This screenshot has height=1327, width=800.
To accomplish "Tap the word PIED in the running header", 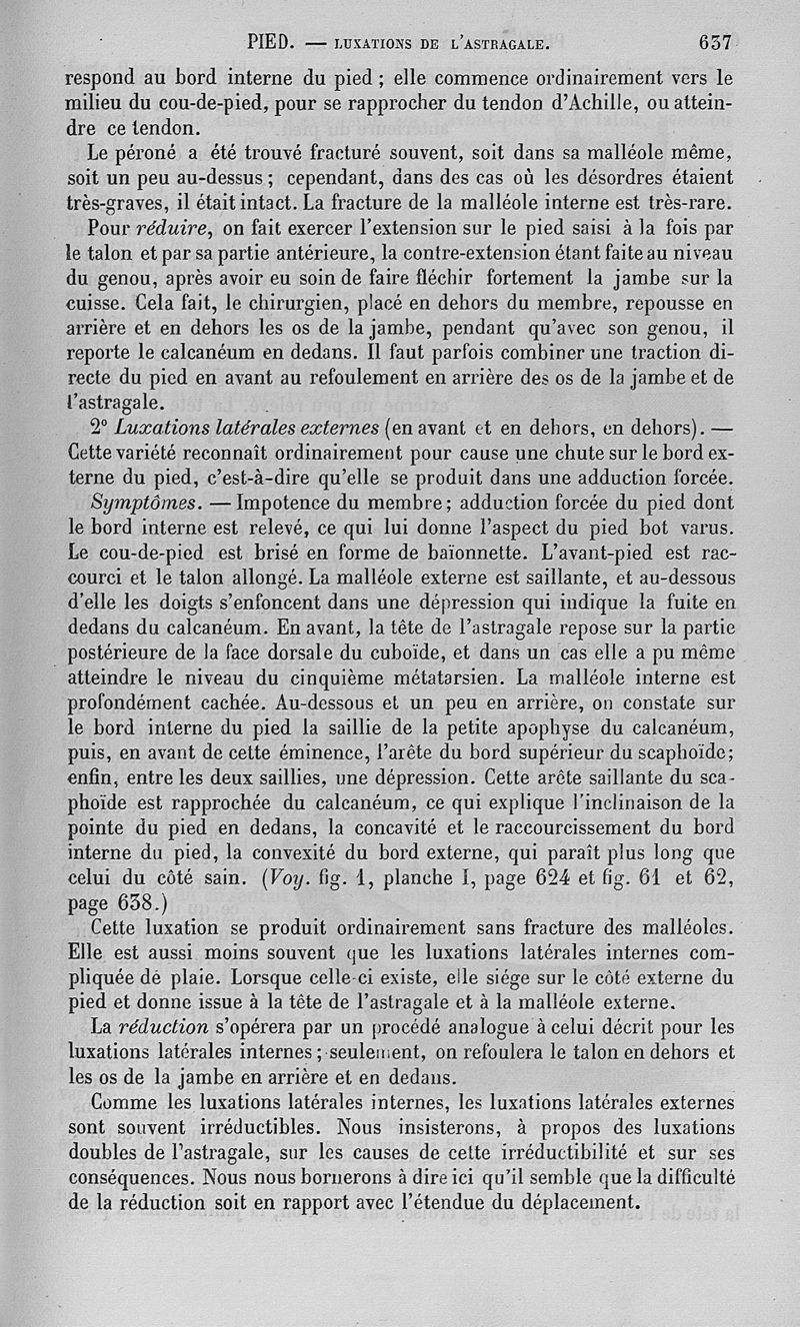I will [269, 43].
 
